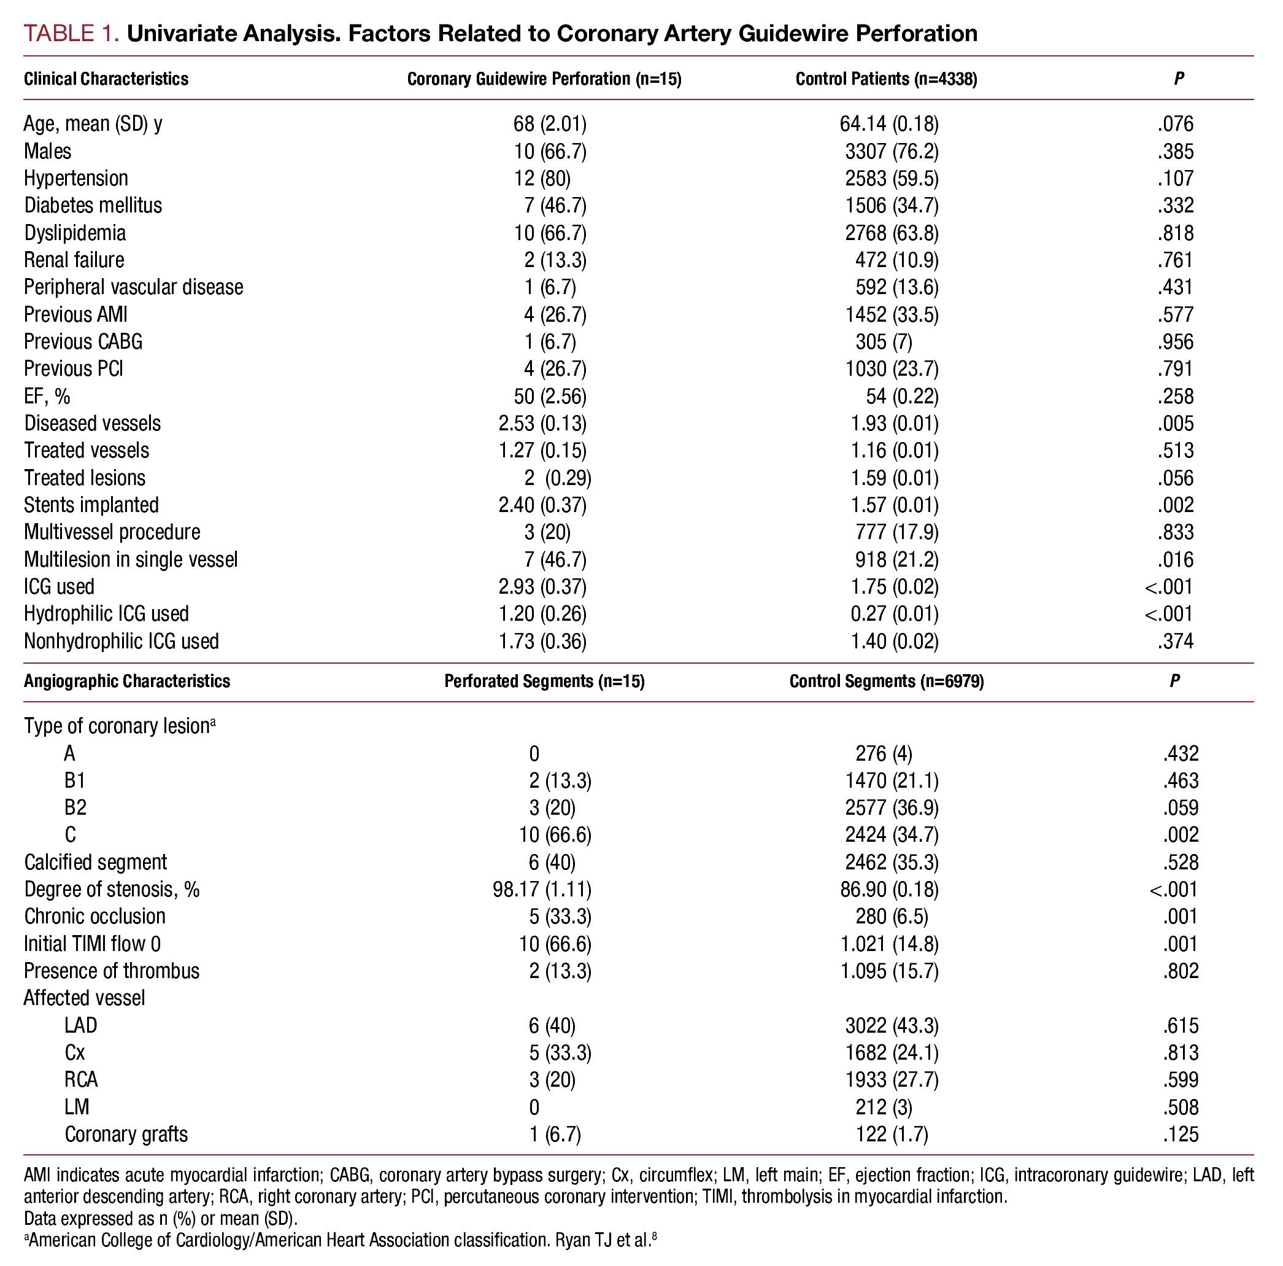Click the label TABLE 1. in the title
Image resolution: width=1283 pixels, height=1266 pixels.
click(x=71, y=33)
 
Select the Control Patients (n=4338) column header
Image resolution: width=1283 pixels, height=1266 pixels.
click(x=886, y=79)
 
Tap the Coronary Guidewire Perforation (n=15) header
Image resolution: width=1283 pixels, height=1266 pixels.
click(x=544, y=79)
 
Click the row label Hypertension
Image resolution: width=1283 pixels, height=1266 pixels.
click(x=75, y=178)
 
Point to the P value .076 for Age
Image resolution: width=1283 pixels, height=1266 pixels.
click(x=1175, y=123)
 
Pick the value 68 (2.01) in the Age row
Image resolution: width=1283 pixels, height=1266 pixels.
click(x=549, y=123)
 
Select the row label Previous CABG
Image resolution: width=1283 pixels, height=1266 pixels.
click(x=83, y=341)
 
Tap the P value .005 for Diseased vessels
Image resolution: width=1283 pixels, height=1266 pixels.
click(x=1175, y=423)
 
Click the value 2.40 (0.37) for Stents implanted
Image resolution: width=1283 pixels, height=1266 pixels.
click(x=542, y=505)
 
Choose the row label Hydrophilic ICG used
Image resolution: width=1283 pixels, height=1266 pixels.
click(x=106, y=613)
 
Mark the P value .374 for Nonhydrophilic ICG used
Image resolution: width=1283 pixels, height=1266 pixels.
click(x=1175, y=642)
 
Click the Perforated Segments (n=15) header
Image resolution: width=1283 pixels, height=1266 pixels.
click(x=544, y=681)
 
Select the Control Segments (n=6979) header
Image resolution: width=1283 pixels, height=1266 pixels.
click(x=886, y=681)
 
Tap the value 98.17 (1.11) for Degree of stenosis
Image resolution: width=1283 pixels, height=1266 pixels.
click(x=541, y=889)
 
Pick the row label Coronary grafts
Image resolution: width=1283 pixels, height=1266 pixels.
click(x=126, y=1134)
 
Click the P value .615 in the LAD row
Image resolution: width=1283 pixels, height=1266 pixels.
click(x=1180, y=1025)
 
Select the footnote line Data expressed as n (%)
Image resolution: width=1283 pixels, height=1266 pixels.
click(x=161, y=1218)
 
